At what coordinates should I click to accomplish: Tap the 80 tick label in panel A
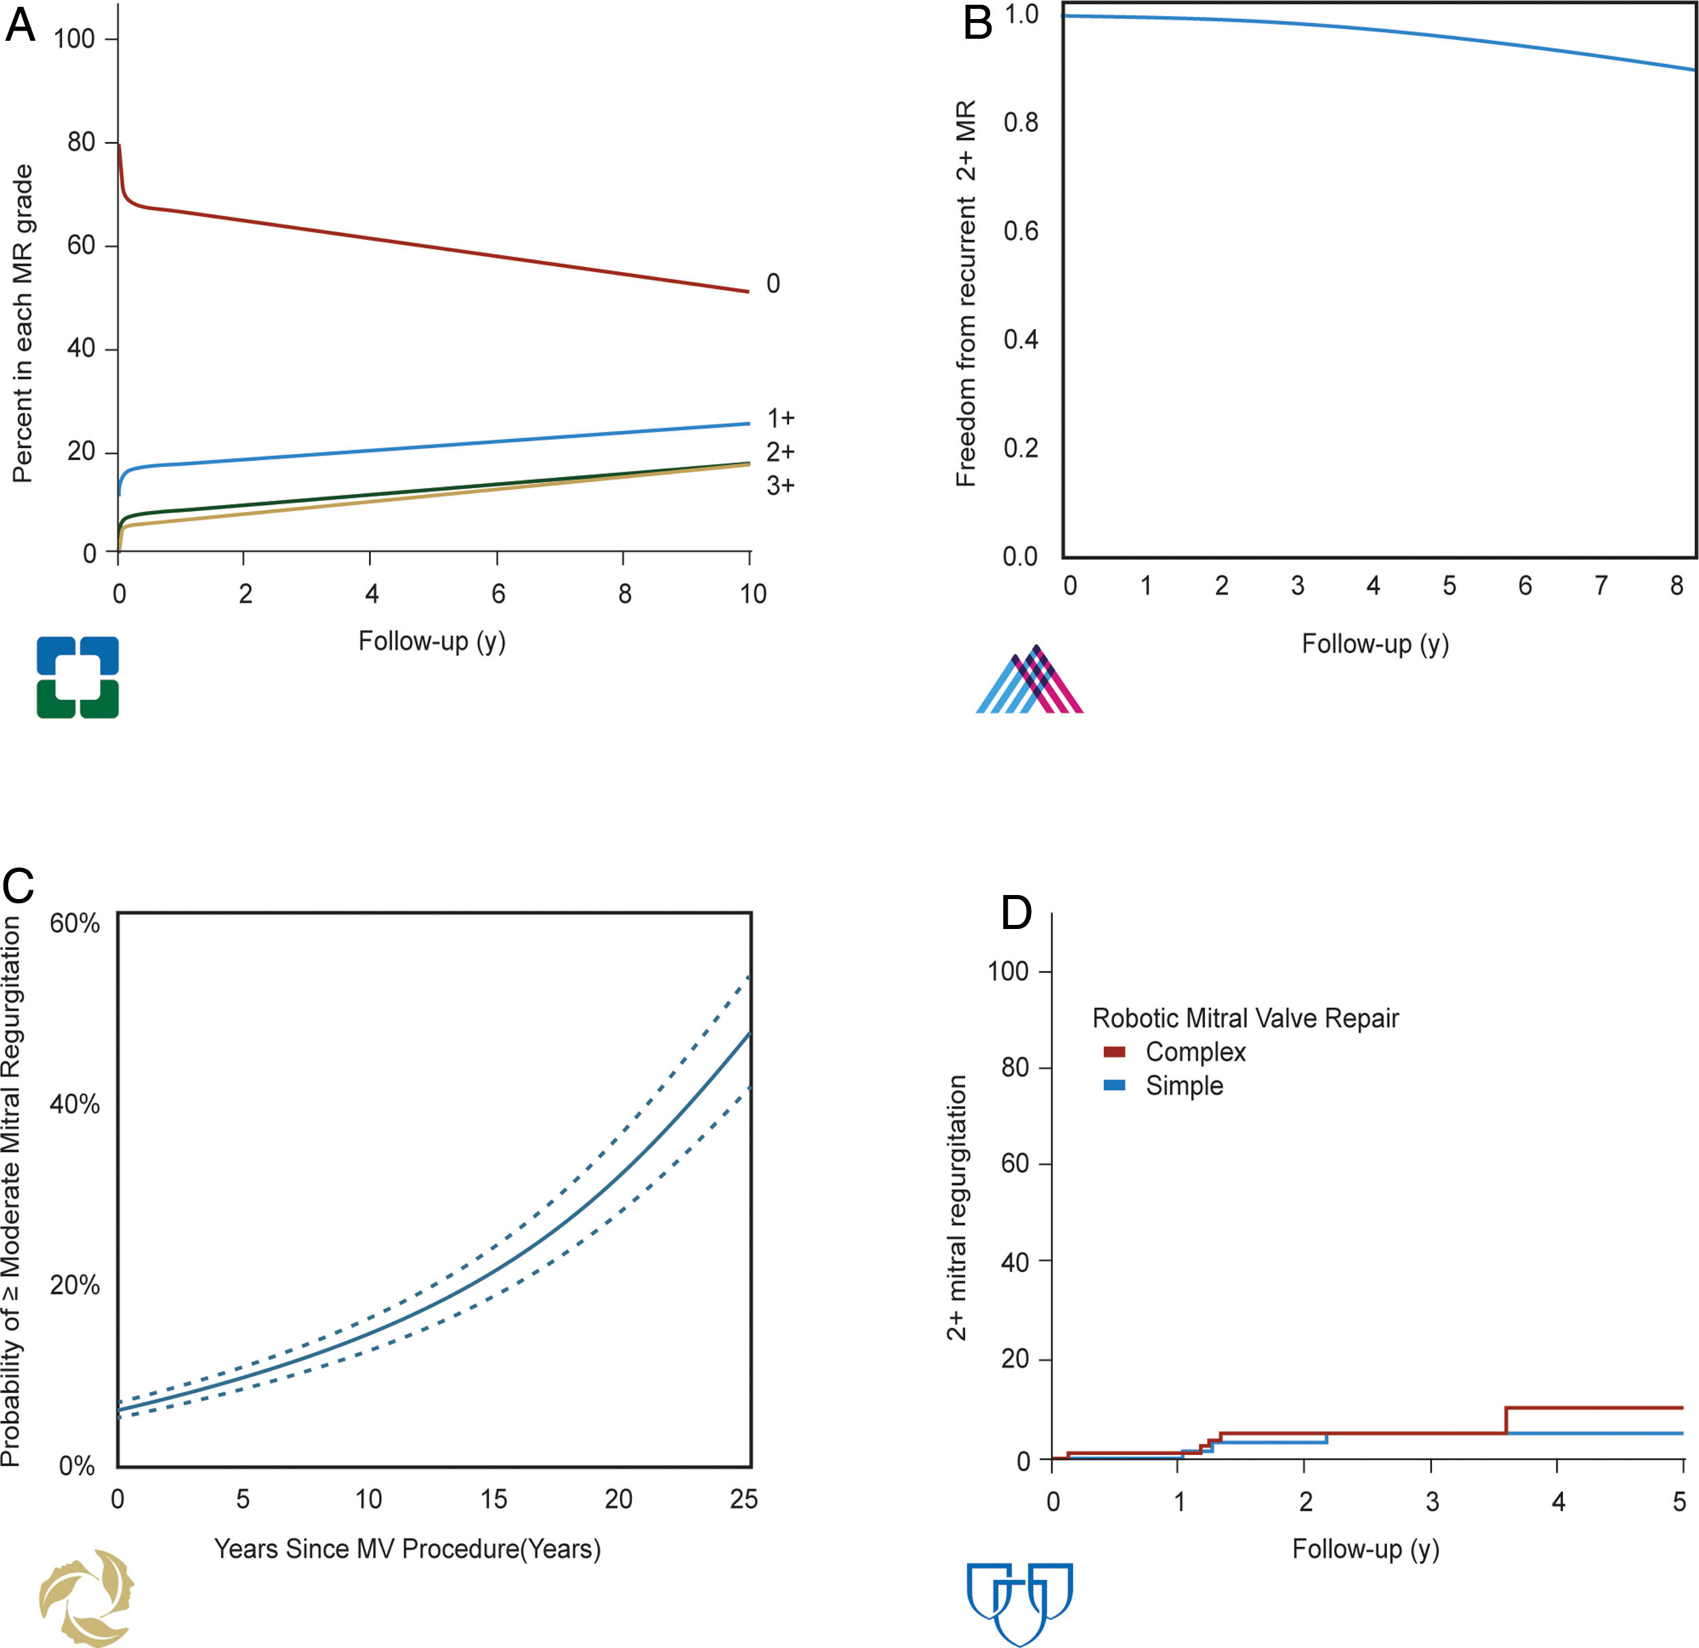click(x=82, y=142)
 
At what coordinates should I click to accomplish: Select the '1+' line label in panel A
click(x=780, y=419)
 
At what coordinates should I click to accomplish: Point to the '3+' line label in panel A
click(x=780, y=485)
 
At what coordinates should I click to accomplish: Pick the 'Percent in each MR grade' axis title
click(x=22, y=323)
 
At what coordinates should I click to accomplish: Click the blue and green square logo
click(x=77, y=677)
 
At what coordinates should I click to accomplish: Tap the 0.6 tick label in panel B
click(x=1020, y=232)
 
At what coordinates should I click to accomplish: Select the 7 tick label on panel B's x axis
click(x=1601, y=586)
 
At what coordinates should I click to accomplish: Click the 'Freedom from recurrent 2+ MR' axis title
click(x=966, y=293)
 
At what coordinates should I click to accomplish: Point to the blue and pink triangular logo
click(x=1030, y=680)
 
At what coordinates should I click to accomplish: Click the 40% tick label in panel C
click(x=75, y=1104)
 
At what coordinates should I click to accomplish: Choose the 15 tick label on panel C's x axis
click(x=494, y=1499)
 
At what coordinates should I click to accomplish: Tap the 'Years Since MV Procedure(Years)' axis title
click(x=407, y=1549)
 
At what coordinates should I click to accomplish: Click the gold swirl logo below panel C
click(x=87, y=1597)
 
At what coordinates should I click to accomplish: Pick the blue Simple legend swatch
click(x=1114, y=1085)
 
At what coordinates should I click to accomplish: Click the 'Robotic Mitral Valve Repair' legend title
click(x=1245, y=1019)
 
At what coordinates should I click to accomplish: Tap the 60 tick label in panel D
click(x=1014, y=1163)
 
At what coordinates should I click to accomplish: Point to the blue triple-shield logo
click(x=1019, y=1602)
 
